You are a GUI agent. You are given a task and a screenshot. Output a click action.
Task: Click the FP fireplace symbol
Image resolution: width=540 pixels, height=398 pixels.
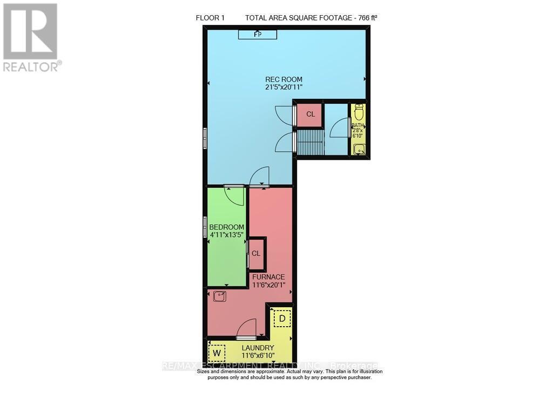pos(258,35)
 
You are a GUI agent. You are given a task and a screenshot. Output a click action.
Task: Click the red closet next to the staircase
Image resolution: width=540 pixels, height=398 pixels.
pos(310,114)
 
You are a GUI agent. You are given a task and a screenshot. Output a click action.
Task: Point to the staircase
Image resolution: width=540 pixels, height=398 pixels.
pos(310,142)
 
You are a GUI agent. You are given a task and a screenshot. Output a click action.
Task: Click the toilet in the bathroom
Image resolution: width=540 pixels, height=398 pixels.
pos(359,112)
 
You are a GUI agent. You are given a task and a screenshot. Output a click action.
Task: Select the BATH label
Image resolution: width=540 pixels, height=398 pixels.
pos(358,125)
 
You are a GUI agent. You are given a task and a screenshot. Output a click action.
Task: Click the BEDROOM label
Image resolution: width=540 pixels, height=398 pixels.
pos(227,227)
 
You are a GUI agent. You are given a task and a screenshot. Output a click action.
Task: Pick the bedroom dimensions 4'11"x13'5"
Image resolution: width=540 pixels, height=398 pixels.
pos(227,235)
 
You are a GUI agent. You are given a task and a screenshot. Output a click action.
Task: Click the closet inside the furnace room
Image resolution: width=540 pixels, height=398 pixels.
pos(256,253)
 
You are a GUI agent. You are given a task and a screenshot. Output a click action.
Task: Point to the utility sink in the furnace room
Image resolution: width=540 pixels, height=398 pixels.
pos(219,296)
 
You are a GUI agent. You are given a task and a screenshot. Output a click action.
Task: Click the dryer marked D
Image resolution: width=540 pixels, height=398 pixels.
pos(281,319)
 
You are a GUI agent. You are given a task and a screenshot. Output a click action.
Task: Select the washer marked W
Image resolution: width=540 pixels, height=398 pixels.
pos(217,353)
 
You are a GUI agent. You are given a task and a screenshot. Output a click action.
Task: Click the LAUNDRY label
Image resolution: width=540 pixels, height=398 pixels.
pos(258,348)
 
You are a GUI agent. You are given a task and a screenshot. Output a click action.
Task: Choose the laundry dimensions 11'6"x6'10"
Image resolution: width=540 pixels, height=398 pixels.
pos(258,356)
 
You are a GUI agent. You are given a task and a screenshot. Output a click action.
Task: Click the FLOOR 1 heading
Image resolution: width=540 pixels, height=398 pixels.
pos(210,18)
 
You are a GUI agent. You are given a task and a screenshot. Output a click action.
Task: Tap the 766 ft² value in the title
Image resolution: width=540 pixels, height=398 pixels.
pos(364,18)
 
